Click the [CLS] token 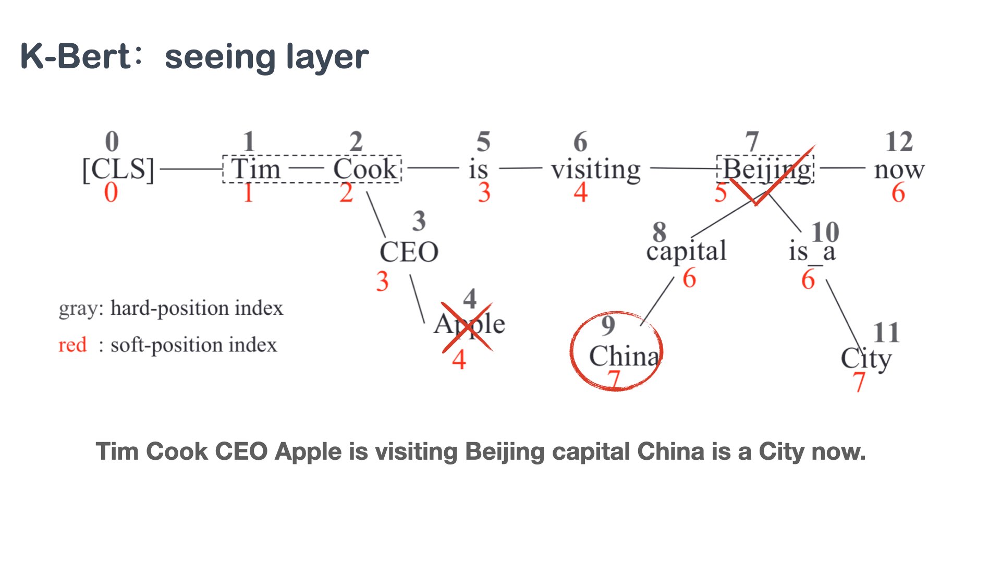pos(118,169)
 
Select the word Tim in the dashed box pos(255,169)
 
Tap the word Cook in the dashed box pos(365,169)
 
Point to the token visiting pos(595,170)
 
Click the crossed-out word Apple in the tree pos(469,325)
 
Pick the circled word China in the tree pos(624,356)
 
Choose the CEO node pos(409,252)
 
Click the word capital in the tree pos(686,252)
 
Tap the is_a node pos(812,252)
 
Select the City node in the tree pos(866,359)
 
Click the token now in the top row pos(899,170)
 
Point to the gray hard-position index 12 pos(899,142)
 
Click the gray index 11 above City pos(886,333)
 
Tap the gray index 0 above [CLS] pos(112,141)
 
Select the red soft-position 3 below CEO pos(382,281)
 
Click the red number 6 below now pos(898,193)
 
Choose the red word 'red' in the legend pos(72,345)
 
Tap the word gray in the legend pos(78,309)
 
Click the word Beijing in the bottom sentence pos(504,451)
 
